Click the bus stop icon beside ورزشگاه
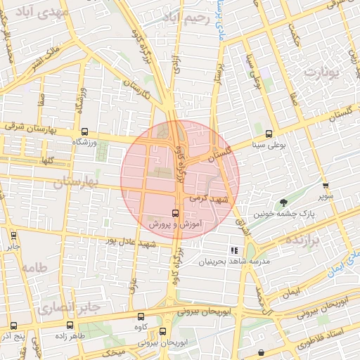[85, 131]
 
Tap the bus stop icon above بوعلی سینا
[269, 134]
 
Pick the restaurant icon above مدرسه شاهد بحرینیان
[234, 250]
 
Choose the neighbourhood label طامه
[33, 268]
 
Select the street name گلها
[47, 160]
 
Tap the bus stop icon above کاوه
[141, 316]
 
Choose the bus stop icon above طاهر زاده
[70, 325]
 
